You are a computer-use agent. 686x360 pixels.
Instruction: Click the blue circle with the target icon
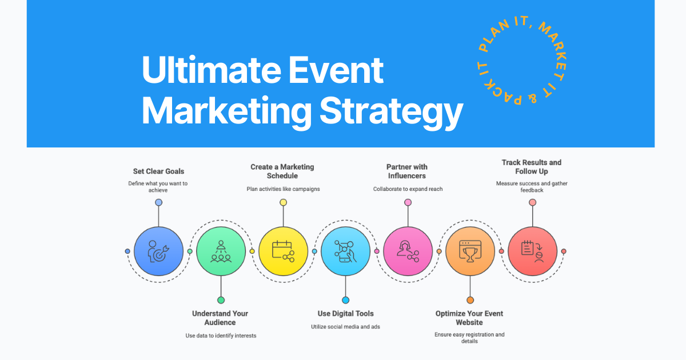[158, 251]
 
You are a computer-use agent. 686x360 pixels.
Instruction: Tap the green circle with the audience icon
[221, 251]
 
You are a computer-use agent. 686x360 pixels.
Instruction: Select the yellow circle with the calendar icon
[283, 251]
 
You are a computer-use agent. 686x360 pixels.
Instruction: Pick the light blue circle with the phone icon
[345, 251]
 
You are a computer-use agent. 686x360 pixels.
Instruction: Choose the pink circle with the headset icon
[408, 251]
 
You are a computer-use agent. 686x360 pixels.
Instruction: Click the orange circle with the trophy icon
[470, 251]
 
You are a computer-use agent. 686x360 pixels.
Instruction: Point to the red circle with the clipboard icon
[532, 251]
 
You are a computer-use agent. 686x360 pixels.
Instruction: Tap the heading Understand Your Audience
[220, 318]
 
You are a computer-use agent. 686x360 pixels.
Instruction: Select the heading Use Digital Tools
[345, 313]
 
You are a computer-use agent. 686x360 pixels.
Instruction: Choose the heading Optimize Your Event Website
[469, 318]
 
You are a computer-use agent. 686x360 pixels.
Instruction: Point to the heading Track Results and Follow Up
[532, 167]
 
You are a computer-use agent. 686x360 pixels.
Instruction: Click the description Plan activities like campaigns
[283, 189]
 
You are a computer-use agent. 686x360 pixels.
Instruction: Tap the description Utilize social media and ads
[345, 326]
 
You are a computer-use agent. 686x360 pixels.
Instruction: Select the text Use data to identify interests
[221, 335]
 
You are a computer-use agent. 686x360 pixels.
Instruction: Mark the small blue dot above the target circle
[158, 202]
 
